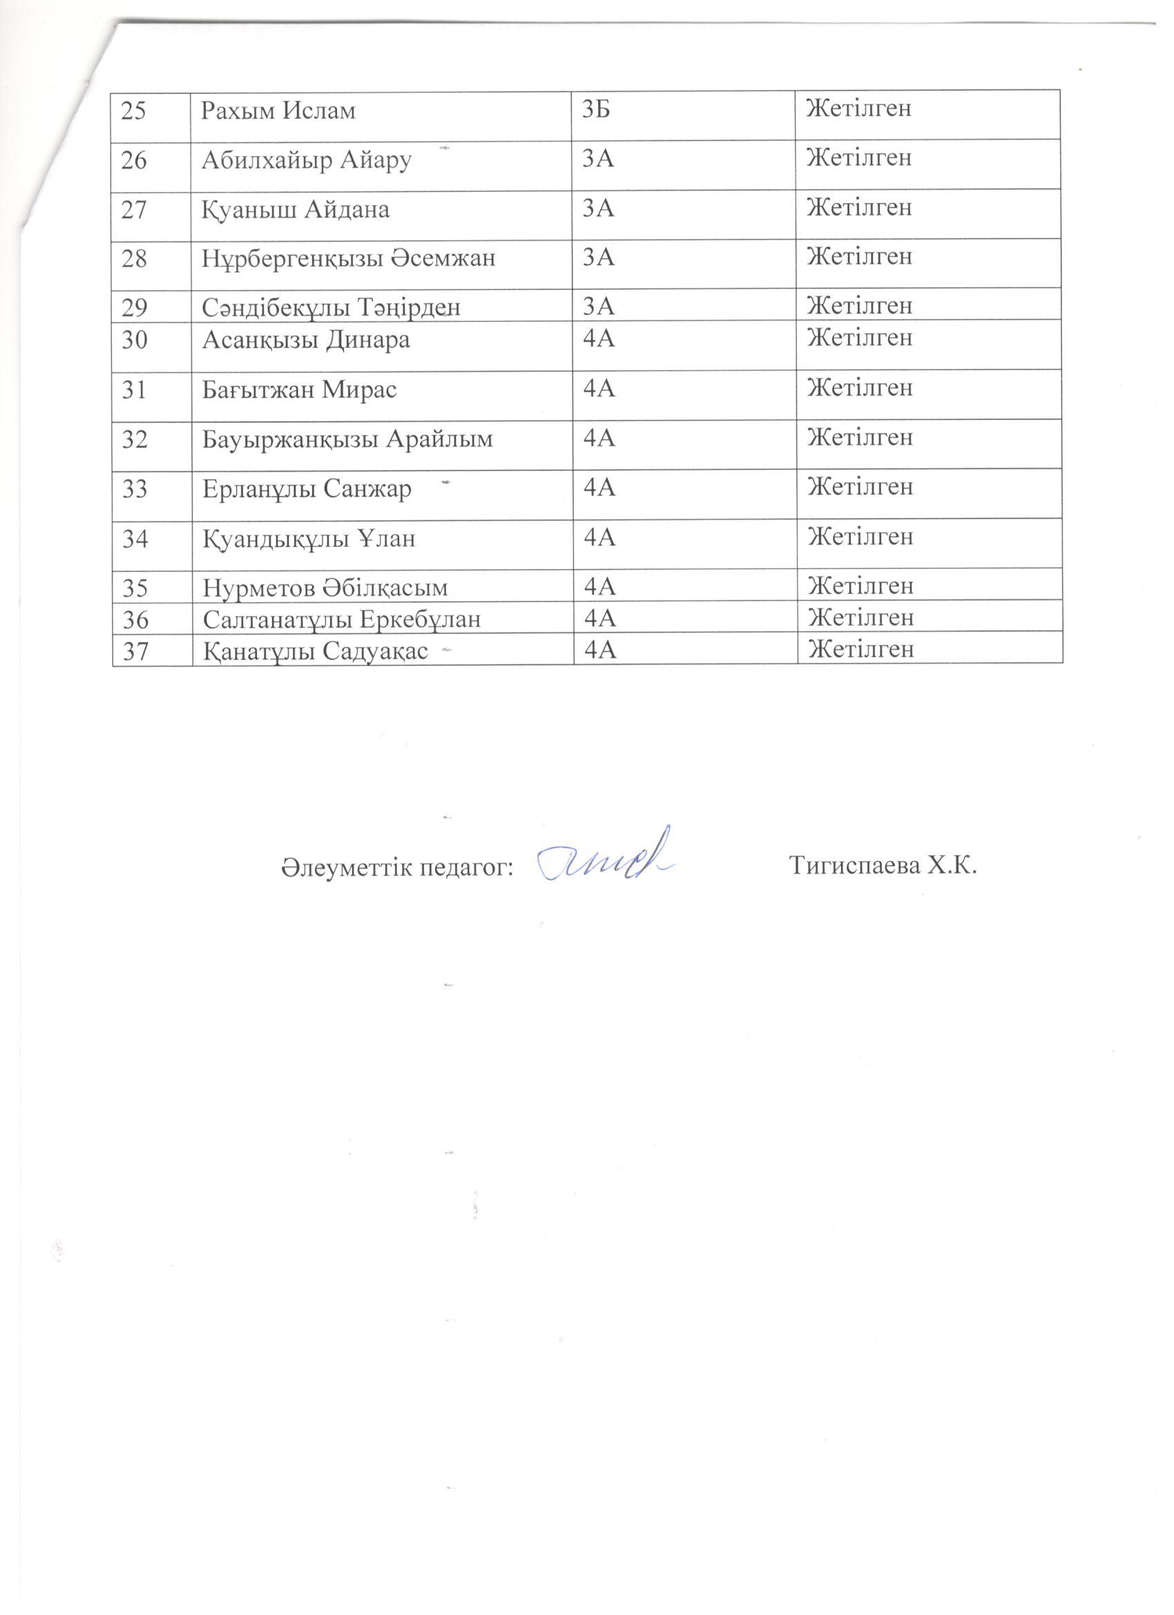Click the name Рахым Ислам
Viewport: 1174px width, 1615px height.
pyautogui.click(x=278, y=112)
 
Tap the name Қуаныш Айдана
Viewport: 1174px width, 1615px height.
pyautogui.click(x=296, y=210)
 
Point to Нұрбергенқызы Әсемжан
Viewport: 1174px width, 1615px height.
pyautogui.click(x=348, y=259)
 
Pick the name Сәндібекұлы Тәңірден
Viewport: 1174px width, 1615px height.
pyautogui.click(x=331, y=307)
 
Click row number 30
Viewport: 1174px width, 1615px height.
pyautogui.click(x=135, y=340)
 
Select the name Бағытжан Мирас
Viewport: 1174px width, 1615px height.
pyautogui.click(x=300, y=390)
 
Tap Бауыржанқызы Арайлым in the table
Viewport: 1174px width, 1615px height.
pyautogui.click(x=347, y=439)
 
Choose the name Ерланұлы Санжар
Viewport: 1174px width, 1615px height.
pyautogui.click(x=307, y=489)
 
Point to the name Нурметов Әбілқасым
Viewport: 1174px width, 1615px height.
pyautogui.click(x=325, y=587)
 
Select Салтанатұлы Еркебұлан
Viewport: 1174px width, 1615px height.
pyautogui.click(x=342, y=620)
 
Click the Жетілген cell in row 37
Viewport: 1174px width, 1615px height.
pyautogui.click(x=860, y=649)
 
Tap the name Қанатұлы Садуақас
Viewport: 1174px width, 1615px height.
pyautogui.click(x=316, y=651)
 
